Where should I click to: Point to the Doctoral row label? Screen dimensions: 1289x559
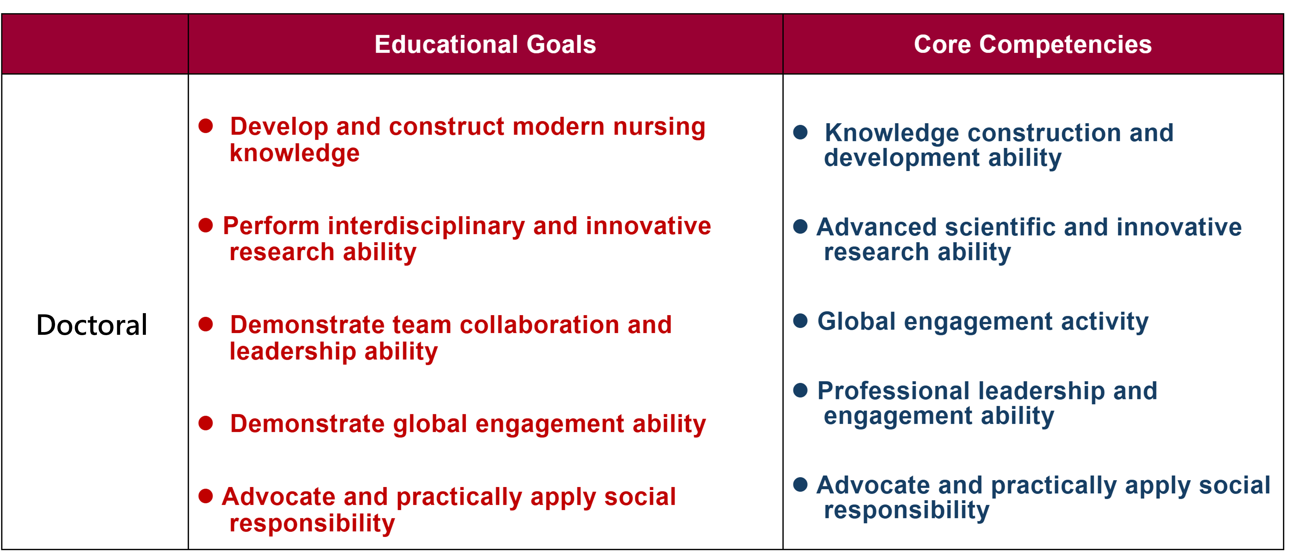pyautogui.click(x=92, y=325)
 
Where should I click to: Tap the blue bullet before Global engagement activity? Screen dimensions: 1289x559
pyautogui.click(x=801, y=321)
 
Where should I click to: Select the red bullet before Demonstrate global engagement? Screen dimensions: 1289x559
pyautogui.click(x=206, y=423)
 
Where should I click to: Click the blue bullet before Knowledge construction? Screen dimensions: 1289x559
pyautogui.click(x=801, y=132)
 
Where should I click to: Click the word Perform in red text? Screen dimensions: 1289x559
pyautogui.click(x=271, y=226)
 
